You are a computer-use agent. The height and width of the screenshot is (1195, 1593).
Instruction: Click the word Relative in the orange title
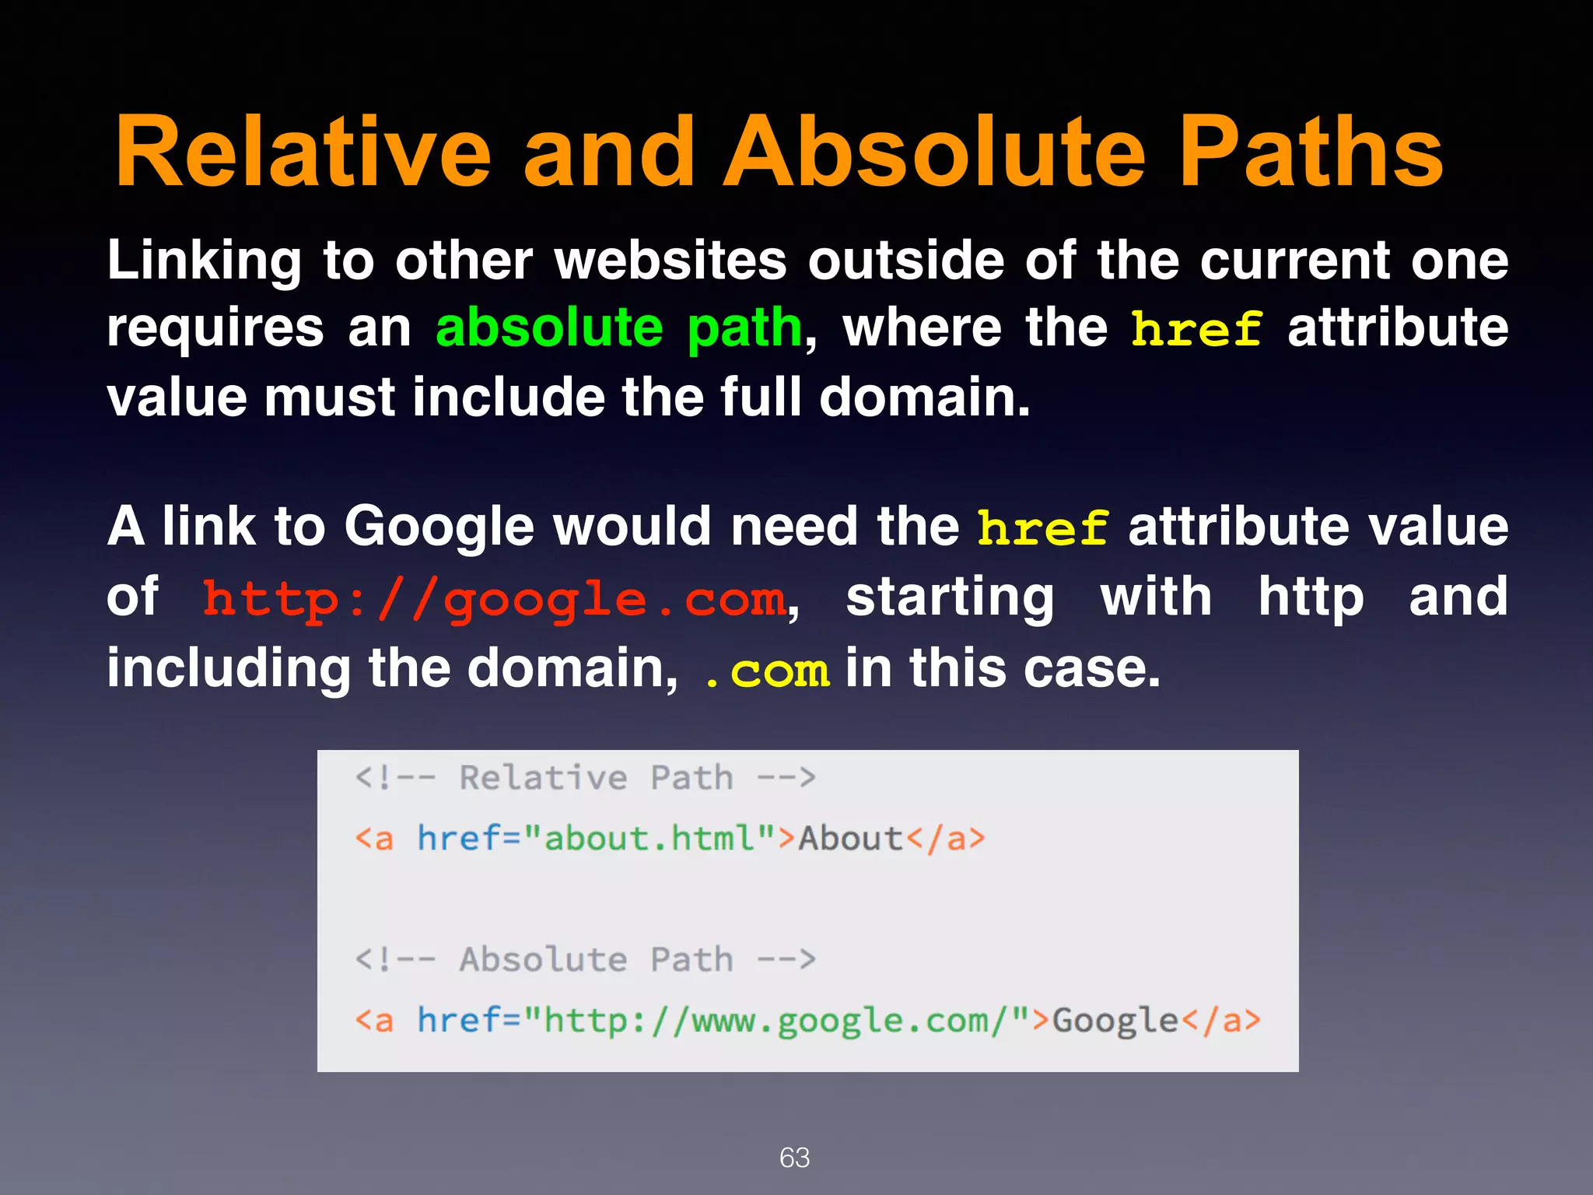[x=303, y=152]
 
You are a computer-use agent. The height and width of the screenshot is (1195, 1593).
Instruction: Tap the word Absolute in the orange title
[x=934, y=152]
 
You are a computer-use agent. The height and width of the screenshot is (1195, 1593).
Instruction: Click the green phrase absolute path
[x=618, y=328]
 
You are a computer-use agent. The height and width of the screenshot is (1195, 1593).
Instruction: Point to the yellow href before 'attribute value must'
[x=1196, y=329]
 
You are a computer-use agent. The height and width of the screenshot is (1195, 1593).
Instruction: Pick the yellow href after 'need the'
[x=1042, y=528]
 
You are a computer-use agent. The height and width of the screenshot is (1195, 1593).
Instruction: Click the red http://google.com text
[x=495, y=600]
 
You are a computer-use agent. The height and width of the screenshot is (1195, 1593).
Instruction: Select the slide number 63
[x=794, y=1158]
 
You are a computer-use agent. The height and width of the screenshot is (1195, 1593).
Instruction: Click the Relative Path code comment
[x=585, y=778]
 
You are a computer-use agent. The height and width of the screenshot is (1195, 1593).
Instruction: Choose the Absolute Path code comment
[x=585, y=959]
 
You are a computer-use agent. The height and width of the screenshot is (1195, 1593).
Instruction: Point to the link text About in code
[x=851, y=839]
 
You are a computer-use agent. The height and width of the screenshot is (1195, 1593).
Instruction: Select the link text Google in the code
[x=1115, y=1021]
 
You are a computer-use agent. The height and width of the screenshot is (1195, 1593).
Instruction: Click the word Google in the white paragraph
[x=439, y=527]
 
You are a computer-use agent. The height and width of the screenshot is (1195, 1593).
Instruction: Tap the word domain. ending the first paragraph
[x=925, y=397]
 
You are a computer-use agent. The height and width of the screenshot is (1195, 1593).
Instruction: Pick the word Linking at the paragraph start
[x=204, y=261]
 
